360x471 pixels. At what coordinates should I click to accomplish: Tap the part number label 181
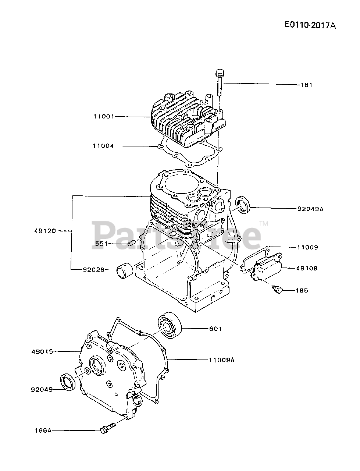pyautogui.click(x=307, y=85)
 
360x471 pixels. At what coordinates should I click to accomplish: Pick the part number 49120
pyautogui.click(x=45, y=231)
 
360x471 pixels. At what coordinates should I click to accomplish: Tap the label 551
pyautogui.click(x=102, y=243)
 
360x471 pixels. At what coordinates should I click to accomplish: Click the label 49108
pyautogui.click(x=307, y=268)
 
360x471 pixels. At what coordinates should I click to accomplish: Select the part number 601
pyautogui.click(x=215, y=329)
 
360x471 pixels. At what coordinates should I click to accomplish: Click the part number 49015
pyautogui.click(x=42, y=351)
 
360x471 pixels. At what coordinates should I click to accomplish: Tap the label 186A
pyautogui.click(x=43, y=430)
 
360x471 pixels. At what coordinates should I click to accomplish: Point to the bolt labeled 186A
pyautogui.click(x=107, y=428)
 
